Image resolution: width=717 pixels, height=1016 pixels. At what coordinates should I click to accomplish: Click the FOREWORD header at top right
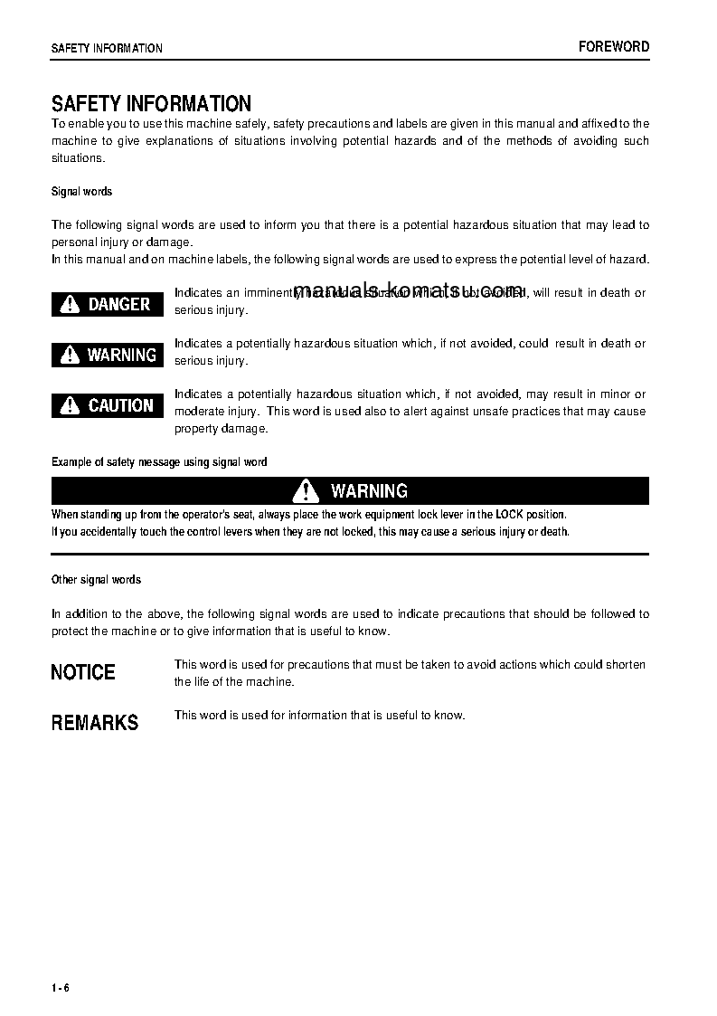click(x=614, y=47)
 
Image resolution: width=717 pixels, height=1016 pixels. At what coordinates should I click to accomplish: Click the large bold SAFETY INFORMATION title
click(x=151, y=104)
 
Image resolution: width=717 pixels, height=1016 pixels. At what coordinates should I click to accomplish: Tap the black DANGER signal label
click(x=108, y=304)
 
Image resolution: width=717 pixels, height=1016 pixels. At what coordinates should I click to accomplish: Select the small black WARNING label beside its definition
click(x=108, y=355)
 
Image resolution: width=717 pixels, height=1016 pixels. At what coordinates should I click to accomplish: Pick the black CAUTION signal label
click(x=108, y=405)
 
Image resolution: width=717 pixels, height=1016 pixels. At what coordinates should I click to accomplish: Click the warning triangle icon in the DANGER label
click(x=70, y=304)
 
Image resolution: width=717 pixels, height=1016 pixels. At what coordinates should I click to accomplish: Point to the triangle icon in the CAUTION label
click(x=70, y=405)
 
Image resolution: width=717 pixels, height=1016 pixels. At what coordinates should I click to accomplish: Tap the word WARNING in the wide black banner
click(x=369, y=490)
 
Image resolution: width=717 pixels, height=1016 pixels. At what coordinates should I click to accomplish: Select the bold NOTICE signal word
click(x=83, y=672)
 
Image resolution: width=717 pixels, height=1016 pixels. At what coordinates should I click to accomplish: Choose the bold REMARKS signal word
click(x=95, y=723)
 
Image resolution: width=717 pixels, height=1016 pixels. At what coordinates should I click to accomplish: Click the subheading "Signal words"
click(x=81, y=192)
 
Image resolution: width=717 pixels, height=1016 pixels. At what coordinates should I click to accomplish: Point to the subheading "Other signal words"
click(x=96, y=579)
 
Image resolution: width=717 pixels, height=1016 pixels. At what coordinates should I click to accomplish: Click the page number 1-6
click(x=61, y=987)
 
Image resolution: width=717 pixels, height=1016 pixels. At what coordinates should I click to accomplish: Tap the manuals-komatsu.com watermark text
click(x=409, y=290)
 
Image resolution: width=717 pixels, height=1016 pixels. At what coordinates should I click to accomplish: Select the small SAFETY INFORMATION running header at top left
click(x=107, y=48)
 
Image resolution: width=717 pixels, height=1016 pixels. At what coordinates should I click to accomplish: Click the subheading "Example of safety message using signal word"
click(x=159, y=461)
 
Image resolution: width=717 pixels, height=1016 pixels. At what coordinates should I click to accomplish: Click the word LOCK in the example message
click(x=509, y=514)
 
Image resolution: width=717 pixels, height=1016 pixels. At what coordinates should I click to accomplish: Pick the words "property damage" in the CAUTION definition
click(x=221, y=428)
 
